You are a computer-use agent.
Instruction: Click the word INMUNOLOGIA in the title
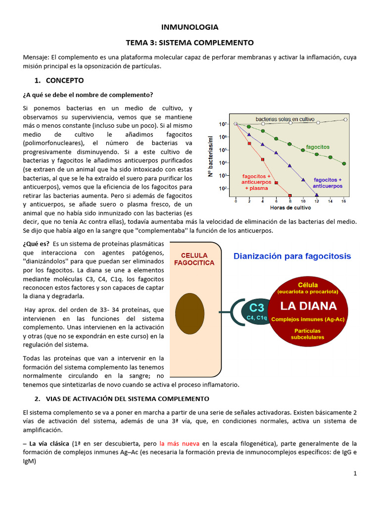190,27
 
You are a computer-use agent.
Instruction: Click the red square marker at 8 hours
290,195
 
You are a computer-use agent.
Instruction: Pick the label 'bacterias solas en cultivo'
285,119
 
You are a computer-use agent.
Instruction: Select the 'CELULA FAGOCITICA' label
194,258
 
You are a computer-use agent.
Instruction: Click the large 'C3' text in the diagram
257,306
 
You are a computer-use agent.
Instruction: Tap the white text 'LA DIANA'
308,305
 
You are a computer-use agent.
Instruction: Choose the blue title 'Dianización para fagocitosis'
292,256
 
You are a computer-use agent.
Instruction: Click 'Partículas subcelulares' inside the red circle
307,333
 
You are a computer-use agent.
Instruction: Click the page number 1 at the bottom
355,474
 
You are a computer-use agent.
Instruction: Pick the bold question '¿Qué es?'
36,244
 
